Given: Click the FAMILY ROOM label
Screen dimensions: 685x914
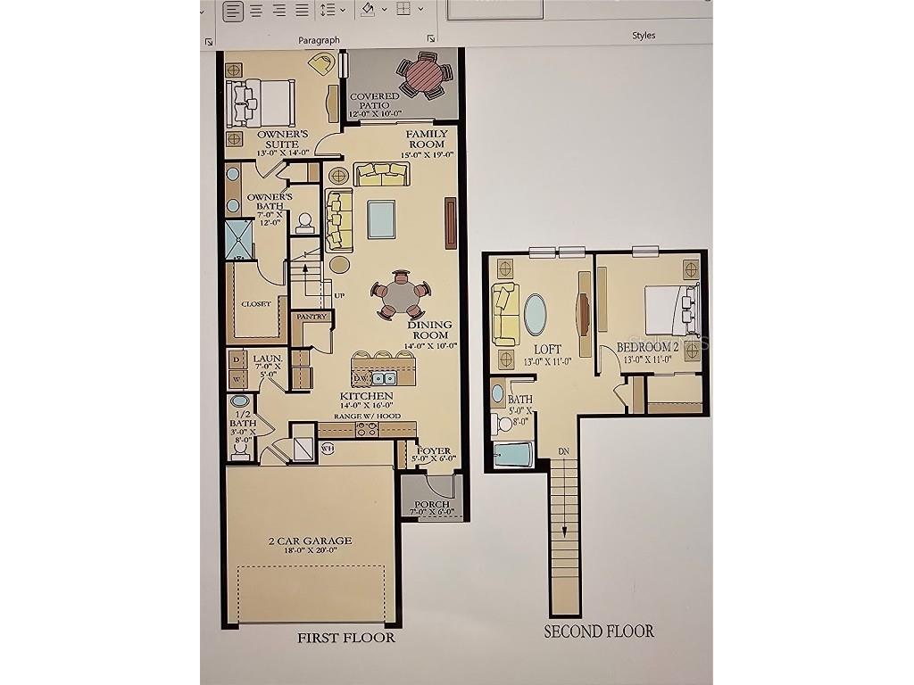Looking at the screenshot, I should click(x=428, y=139).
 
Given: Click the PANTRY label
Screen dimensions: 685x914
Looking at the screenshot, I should click(x=312, y=316).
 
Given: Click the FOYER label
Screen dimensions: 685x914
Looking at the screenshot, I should click(x=435, y=451).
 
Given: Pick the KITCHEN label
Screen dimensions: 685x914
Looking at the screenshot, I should click(x=366, y=395).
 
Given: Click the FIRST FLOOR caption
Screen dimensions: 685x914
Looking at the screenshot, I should click(x=345, y=638).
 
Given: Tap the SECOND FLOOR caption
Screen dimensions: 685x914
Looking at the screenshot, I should click(x=599, y=631).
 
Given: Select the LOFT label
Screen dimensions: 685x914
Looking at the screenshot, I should click(x=546, y=349).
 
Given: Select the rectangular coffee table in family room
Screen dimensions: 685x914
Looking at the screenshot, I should click(x=381, y=219).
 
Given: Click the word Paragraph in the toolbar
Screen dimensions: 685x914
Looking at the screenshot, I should click(x=319, y=40).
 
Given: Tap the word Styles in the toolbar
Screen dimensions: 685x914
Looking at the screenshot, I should click(x=644, y=36).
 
